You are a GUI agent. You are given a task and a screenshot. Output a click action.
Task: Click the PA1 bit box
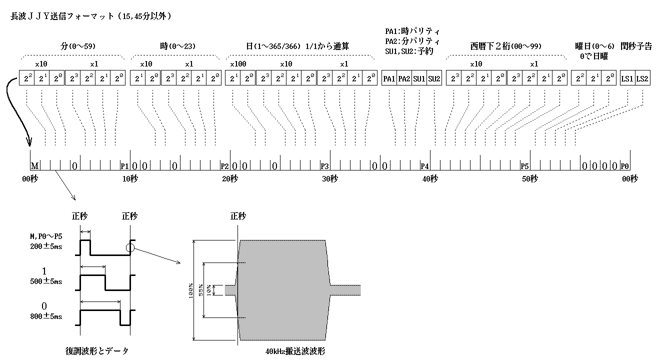[x=389, y=79]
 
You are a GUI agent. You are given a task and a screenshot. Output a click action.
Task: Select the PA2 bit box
[x=404, y=79]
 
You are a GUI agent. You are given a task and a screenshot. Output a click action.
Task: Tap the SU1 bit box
[x=419, y=79]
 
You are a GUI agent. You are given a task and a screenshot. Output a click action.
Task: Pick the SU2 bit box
[x=434, y=79]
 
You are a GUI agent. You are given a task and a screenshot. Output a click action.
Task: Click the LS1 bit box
[x=627, y=79]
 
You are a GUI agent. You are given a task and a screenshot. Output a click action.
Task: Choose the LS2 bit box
[x=642, y=79]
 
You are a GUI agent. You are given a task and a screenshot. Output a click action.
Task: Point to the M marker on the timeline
[x=34, y=165]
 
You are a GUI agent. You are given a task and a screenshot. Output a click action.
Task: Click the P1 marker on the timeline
[x=124, y=165]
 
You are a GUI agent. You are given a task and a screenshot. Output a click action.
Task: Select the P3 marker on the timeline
[x=324, y=165]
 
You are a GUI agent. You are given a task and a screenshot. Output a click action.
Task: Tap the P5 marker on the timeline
[x=524, y=165]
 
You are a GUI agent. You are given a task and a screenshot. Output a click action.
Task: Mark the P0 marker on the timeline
[x=624, y=165]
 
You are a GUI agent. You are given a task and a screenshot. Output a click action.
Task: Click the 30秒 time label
[x=330, y=179]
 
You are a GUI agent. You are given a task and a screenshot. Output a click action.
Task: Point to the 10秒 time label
[x=130, y=179]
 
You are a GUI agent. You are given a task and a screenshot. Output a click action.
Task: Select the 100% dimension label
[x=190, y=290]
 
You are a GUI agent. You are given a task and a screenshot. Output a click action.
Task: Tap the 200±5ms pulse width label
[x=46, y=246]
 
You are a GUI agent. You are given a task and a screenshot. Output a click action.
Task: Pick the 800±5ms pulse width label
[x=46, y=316]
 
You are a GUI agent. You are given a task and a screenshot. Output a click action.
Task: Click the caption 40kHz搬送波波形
[x=295, y=351]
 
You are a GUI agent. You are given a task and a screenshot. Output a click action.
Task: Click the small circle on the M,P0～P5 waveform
[x=130, y=247]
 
